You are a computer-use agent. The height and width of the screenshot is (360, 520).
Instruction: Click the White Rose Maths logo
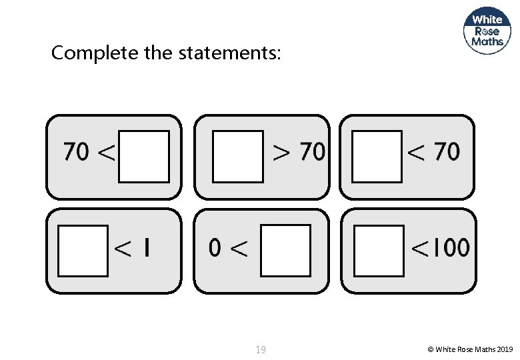[487, 30]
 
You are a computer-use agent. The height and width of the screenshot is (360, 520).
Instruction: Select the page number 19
[261, 349]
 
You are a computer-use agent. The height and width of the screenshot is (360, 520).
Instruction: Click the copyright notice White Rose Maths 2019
[470, 349]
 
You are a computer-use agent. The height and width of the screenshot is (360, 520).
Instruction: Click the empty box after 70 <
[144, 157]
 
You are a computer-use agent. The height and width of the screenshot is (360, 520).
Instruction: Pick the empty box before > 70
[238, 157]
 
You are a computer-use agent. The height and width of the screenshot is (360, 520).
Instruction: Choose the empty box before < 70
[377, 157]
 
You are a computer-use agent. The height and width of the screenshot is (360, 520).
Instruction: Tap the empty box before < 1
[83, 251]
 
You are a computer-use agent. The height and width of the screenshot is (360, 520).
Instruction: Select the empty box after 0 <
[285, 251]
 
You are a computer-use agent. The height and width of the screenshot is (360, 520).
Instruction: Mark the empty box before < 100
[379, 251]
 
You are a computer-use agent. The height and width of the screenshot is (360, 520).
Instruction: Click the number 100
[451, 248]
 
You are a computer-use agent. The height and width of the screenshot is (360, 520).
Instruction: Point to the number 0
[215, 249]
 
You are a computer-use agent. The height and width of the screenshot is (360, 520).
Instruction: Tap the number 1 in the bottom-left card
[146, 249]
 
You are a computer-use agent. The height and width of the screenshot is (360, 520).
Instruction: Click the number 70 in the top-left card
[77, 152]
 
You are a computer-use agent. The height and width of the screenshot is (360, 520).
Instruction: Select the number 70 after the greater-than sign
[312, 152]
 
